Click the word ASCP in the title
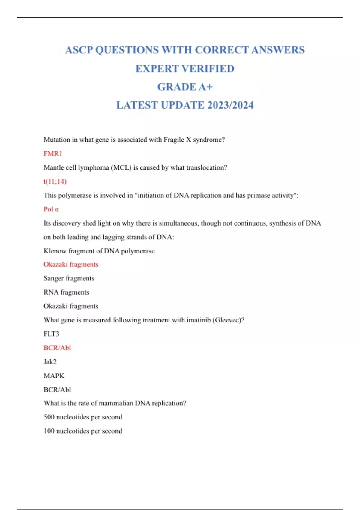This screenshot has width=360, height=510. [x=79, y=50]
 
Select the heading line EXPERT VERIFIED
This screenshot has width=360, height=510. [x=185, y=69]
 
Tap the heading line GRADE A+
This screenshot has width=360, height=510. [x=185, y=87]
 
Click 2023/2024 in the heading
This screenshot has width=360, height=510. [x=230, y=105]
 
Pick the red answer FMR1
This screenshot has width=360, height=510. [x=53, y=154]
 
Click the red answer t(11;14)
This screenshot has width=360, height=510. [x=55, y=181]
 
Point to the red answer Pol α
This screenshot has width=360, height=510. [x=51, y=209]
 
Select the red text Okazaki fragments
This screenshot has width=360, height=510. [x=71, y=264]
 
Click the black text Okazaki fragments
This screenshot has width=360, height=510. [x=71, y=306]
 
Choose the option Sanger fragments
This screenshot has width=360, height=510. [x=69, y=278]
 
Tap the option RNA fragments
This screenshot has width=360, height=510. [x=66, y=292]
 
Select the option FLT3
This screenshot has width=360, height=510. [x=51, y=334]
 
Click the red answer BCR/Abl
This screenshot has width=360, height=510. [x=57, y=348]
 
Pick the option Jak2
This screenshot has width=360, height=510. [x=50, y=362]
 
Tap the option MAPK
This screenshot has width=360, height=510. [x=54, y=376]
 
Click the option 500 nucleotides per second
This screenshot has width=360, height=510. [x=83, y=417]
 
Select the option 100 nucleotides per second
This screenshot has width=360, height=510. [x=83, y=431]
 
